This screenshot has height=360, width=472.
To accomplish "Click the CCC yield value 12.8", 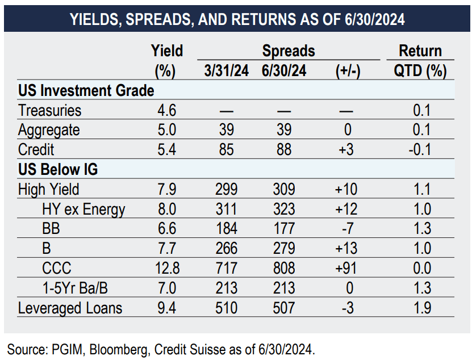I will (x=166, y=268).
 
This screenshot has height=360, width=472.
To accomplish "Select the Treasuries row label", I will (x=49, y=110).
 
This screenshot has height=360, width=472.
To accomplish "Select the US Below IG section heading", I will (x=59, y=170).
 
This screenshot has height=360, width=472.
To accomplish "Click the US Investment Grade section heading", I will (x=86, y=91).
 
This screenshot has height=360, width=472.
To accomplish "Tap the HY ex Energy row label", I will (x=83, y=209).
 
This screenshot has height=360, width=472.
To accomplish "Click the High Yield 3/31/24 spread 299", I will (x=227, y=189).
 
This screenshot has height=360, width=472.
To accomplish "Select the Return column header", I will (x=420, y=51).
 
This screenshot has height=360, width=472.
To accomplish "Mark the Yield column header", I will (x=167, y=51).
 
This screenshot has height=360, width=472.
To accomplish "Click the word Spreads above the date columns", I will (x=289, y=51).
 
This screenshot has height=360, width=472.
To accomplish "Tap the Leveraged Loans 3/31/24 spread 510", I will (x=227, y=308).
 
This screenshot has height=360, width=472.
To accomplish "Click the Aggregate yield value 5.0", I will (x=166, y=130).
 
